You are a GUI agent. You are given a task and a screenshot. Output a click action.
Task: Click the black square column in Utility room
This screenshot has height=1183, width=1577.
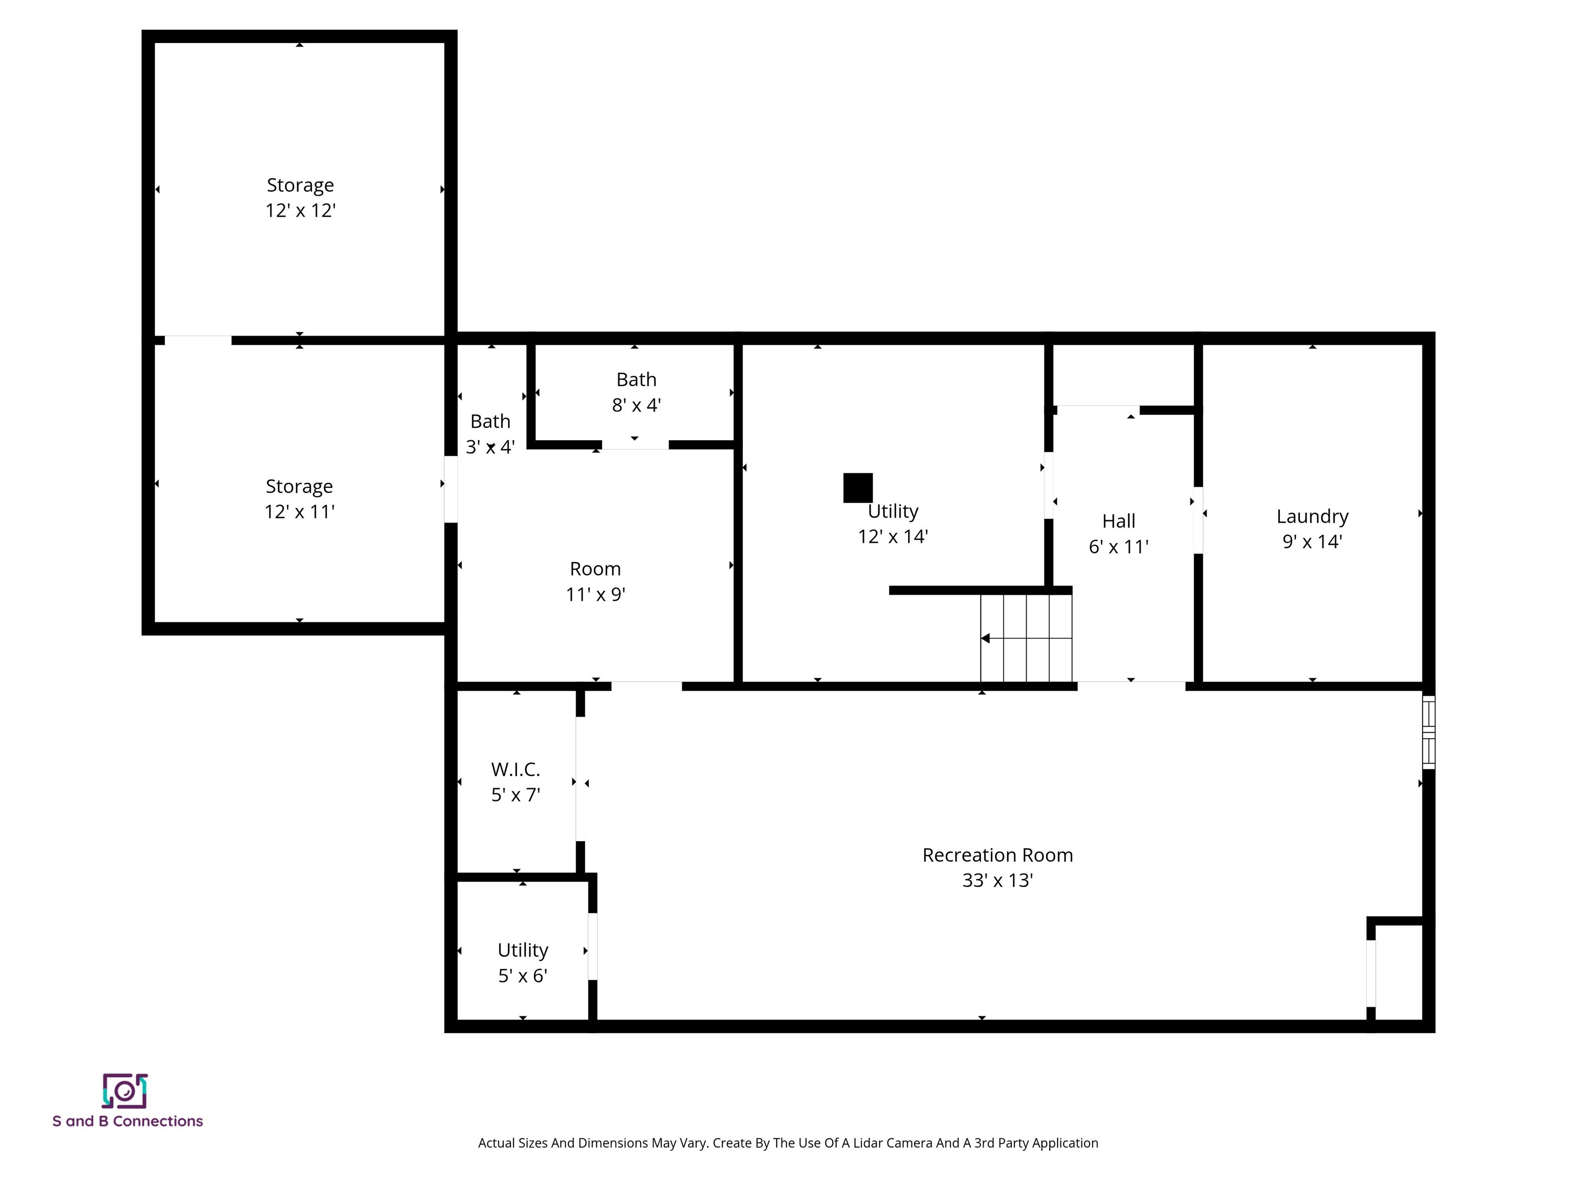[x=858, y=488]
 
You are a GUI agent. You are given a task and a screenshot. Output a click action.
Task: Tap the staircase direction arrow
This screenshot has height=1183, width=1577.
[x=986, y=638]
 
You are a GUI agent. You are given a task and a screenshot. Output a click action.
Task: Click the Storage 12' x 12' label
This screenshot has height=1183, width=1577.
[x=300, y=198]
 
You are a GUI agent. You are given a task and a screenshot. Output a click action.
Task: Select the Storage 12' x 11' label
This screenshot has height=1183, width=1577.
[x=299, y=499]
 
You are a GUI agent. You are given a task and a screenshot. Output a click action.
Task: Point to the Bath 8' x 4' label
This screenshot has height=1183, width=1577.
[x=636, y=392]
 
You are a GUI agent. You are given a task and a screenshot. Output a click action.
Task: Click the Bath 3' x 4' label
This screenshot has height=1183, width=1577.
[x=490, y=433]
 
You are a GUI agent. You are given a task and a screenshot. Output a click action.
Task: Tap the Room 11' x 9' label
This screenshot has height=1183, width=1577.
[x=595, y=581]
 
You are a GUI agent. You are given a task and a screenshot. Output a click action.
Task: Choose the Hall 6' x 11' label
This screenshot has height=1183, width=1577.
[x=1119, y=533]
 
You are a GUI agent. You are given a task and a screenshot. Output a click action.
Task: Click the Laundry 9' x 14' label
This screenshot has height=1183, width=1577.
[x=1312, y=528]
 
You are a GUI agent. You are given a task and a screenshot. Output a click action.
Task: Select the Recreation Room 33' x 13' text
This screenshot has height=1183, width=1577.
[x=997, y=867]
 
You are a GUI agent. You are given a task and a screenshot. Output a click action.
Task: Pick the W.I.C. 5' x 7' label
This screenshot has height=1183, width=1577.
[x=515, y=781]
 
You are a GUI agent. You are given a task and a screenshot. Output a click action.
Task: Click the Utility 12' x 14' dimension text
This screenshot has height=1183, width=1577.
[x=893, y=536]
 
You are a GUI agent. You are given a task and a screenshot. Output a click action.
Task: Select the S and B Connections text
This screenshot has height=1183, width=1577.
[x=128, y=1121]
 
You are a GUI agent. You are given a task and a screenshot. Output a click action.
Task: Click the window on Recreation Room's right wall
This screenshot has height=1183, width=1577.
[x=1428, y=732]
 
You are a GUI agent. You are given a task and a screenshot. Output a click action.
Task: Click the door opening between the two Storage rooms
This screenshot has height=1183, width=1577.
[x=198, y=340]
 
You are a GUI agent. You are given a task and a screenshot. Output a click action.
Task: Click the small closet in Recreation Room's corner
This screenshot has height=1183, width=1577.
[x=1398, y=972]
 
